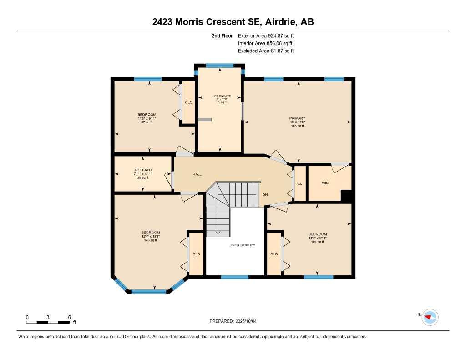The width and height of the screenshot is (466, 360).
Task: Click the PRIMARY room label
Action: pyautogui.click(x=298, y=118)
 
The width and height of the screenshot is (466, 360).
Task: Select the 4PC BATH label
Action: pyautogui.click(x=143, y=170)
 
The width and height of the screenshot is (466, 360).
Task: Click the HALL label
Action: pyautogui.click(x=197, y=174)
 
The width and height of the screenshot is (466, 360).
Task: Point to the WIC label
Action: pyautogui.click(x=325, y=183)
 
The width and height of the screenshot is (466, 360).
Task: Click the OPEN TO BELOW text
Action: pyautogui.click(x=243, y=245)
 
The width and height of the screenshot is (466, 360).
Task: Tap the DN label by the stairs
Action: pyautogui.click(x=265, y=194)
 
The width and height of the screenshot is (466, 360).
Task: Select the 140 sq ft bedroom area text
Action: pyautogui.click(x=150, y=240)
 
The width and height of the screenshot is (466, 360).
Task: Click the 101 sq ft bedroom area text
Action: pyautogui.click(x=317, y=242)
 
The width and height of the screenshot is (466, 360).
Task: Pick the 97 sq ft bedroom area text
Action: pyautogui.click(x=147, y=122)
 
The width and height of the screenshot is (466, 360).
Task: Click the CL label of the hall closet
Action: pyautogui.click(x=300, y=184)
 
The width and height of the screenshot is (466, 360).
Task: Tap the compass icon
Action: pyautogui.click(x=430, y=317)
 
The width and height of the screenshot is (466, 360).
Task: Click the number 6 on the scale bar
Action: pyautogui.click(x=69, y=317)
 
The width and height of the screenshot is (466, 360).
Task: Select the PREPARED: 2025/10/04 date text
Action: pyautogui.click(x=236, y=321)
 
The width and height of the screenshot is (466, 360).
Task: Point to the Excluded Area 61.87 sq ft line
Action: pyautogui.click(x=266, y=51)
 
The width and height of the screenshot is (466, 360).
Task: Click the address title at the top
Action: pyautogui.click(x=233, y=22)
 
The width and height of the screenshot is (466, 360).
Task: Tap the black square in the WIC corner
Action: pyautogui.click(x=347, y=196)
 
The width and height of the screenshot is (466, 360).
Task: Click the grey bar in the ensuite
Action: pyautogui.click(x=205, y=119)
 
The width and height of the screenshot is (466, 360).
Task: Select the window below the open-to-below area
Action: pyautogui.click(x=235, y=277)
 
